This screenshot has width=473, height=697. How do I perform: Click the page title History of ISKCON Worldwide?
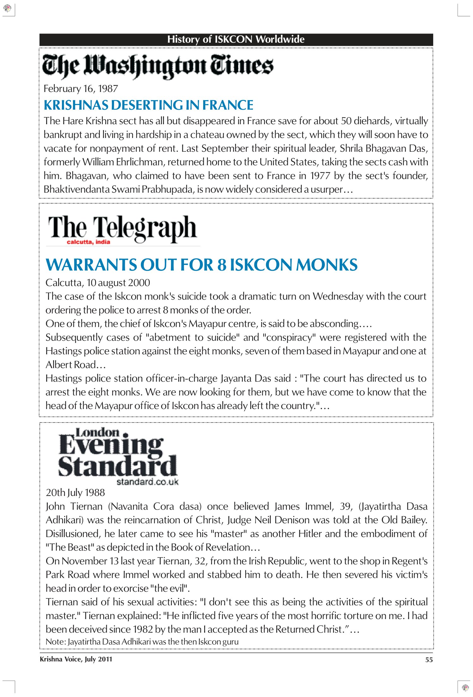click(236, 39)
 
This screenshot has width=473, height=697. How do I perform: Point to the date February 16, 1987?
click(81, 89)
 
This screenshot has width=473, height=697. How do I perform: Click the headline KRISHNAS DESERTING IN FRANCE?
click(148, 105)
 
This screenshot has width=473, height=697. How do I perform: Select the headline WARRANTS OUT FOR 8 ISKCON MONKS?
click(201, 265)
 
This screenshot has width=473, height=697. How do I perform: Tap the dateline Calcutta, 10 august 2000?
click(98, 283)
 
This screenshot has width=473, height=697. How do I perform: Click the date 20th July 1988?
click(75, 492)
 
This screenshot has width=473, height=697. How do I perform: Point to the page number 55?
click(429, 660)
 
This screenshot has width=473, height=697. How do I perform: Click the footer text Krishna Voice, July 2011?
click(76, 659)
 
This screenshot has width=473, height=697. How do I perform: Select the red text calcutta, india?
click(88, 242)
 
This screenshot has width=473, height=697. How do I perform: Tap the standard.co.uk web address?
click(147, 482)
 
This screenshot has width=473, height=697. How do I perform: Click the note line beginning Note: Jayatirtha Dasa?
click(142, 642)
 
